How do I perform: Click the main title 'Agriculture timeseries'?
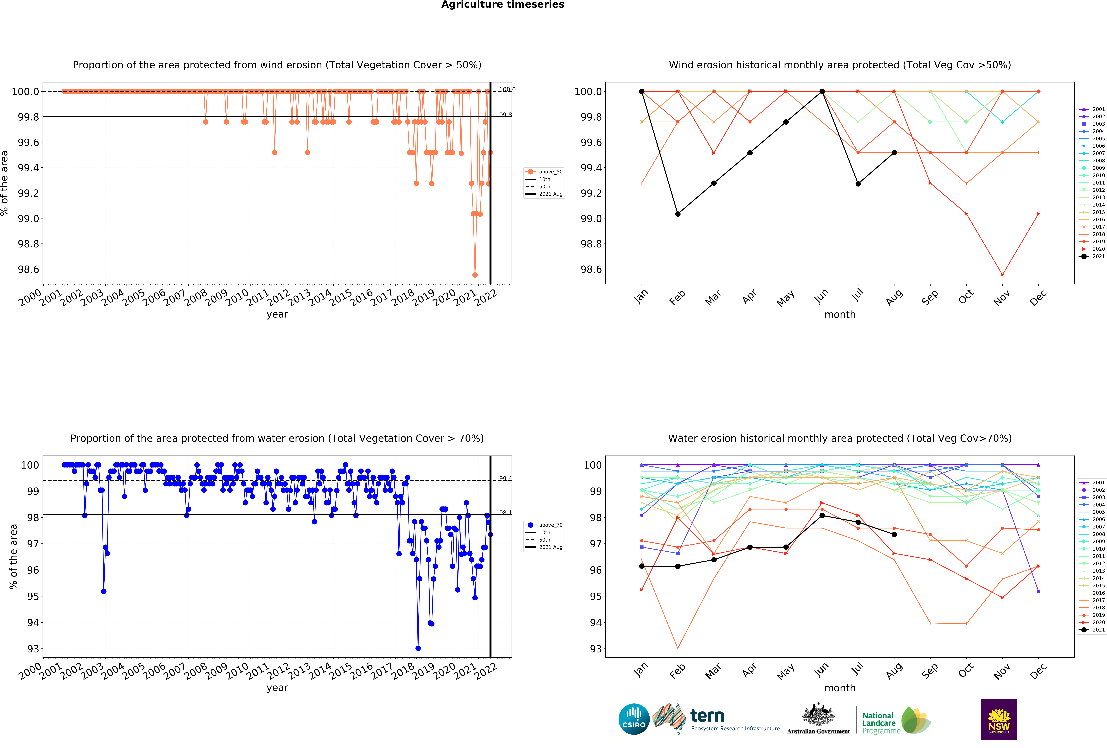coord(503,5)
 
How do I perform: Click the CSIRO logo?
coord(634,719)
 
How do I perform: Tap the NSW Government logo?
coord(999,719)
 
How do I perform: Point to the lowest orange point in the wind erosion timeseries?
coord(475,275)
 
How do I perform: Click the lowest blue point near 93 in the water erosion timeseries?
coord(418,648)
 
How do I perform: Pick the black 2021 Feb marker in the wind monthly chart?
coord(678,214)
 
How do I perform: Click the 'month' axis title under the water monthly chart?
coord(840,688)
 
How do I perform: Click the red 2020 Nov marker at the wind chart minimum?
coord(1002,275)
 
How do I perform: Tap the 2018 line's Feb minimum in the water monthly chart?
coord(678,648)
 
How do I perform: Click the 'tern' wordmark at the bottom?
coord(707,716)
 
